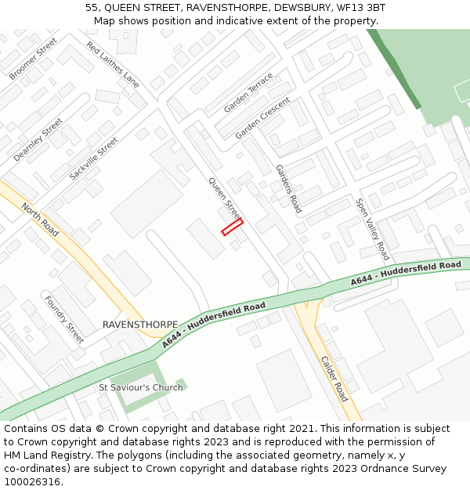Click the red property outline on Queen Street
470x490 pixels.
click(233, 227)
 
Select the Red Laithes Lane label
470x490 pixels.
click(113, 64)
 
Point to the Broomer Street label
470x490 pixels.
click(34, 59)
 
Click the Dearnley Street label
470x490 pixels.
click(38, 140)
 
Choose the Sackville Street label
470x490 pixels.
click(93, 158)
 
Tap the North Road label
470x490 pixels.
click(40, 220)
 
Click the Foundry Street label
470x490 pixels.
click(64, 319)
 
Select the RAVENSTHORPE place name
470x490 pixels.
click(140, 325)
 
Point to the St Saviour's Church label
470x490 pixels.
click(141, 387)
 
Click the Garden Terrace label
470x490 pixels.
click(248, 93)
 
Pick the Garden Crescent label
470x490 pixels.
click(262, 118)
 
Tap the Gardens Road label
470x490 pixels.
click(288, 189)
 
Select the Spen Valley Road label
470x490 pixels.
click(372, 229)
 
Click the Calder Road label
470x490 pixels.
click(334, 379)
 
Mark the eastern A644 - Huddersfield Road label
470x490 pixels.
click(406, 272)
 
